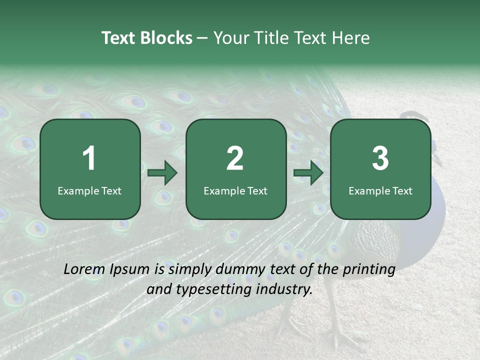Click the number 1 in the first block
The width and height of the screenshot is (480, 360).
89,158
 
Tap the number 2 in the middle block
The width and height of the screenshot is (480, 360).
235,158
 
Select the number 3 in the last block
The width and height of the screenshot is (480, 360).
380,158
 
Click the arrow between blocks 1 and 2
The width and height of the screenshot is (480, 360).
163,173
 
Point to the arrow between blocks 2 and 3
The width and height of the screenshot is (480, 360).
308,173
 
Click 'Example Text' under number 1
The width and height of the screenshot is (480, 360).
89,191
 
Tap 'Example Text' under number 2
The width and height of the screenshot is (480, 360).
235,191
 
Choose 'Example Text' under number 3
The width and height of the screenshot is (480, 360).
380,191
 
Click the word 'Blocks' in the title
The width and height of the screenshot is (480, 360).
166,38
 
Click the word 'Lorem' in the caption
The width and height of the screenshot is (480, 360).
82,269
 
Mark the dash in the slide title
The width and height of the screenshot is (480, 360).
202,38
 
